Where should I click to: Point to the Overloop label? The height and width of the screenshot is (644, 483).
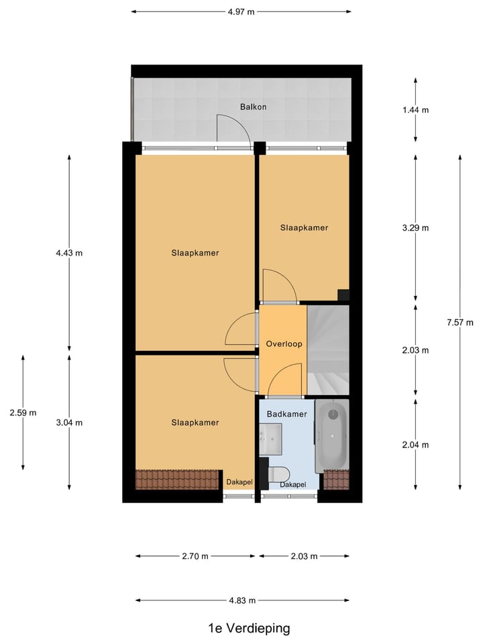pyautogui.click(x=284, y=344)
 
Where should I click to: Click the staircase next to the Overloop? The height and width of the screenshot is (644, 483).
pyautogui.click(x=329, y=349)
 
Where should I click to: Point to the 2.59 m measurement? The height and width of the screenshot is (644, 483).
pyautogui.click(x=23, y=413)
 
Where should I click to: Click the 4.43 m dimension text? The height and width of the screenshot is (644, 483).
pyautogui.click(x=70, y=253)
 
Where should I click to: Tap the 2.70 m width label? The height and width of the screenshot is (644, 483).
pyautogui.click(x=195, y=556)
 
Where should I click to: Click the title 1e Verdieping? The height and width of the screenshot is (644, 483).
pyautogui.click(x=249, y=629)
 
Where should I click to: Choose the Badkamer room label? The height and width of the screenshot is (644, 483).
pyautogui.click(x=286, y=415)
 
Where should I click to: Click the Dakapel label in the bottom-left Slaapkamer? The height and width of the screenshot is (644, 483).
pyautogui.click(x=238, y=482)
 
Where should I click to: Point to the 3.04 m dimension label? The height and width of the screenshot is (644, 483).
pyautogui.click(x=70, y=423)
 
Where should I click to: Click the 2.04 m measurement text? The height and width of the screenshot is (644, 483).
pyautogui.click(x=415, y=445)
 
